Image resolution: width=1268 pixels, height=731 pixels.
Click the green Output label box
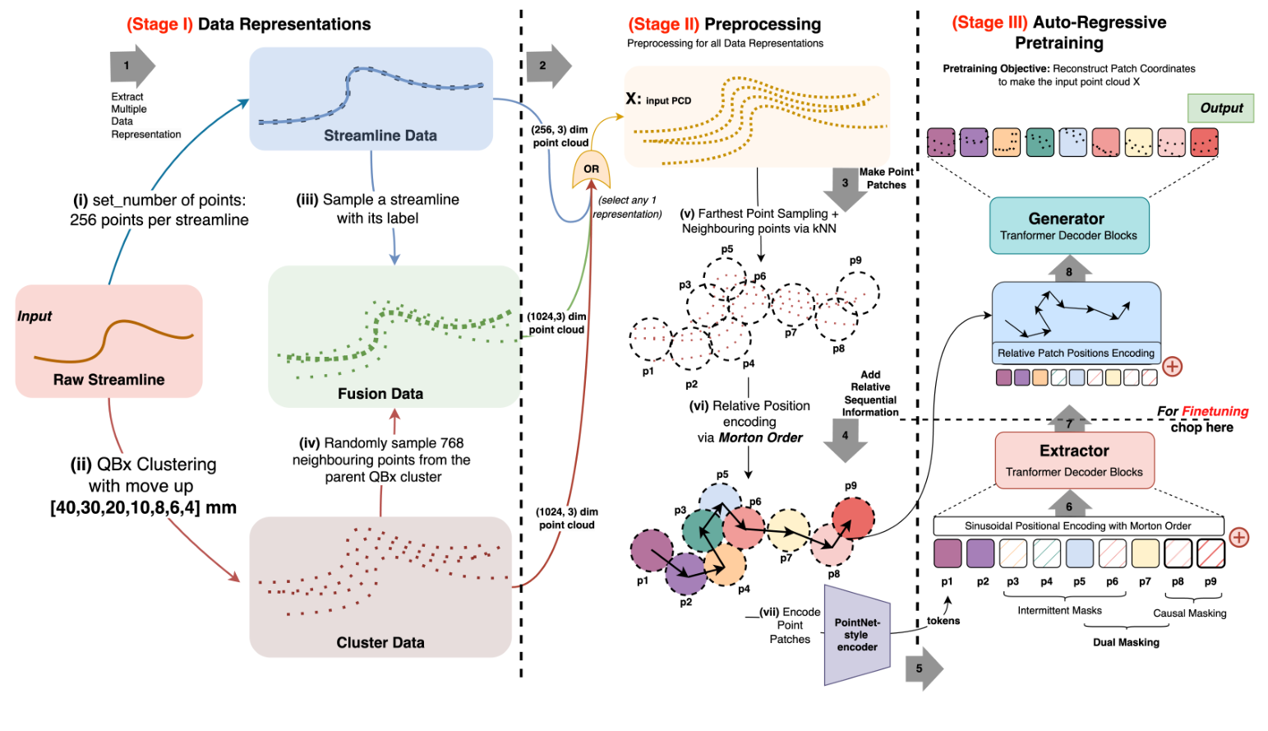(x=1220, y=108)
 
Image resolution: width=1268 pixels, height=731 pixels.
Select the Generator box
(x=1069, y=225)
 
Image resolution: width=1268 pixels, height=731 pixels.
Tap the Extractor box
(x=1074, y=460)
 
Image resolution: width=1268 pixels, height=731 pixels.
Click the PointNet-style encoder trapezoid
(x=857, y=635)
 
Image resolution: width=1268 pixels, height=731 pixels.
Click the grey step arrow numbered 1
(x=132, y=66)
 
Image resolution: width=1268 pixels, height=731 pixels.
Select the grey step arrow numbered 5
(x=924, y=669)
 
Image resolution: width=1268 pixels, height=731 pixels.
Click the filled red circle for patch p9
(x=852, y=517)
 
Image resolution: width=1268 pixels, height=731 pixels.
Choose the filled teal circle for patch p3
(x=703, y=530)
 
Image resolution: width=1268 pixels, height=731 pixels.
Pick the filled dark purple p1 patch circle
(x=652, y=550)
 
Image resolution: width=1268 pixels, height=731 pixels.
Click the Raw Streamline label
(x=108, y=379)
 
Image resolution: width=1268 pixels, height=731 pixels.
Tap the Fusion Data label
(x=380, y=394)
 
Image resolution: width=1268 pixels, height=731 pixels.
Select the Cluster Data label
(x=380, y=643)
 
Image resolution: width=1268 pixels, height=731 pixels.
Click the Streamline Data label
(x=380, y=136)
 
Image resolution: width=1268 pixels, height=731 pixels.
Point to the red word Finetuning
(x=1215, y=412)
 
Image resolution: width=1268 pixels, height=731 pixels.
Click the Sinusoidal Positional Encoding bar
(x=1078, y=526)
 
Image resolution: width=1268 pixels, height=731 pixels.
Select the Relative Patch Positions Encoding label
(x=1076, y=353)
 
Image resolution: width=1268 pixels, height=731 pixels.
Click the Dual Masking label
(x=1126, y=643)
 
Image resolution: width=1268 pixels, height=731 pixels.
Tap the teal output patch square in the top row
(x=1040, y=142)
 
